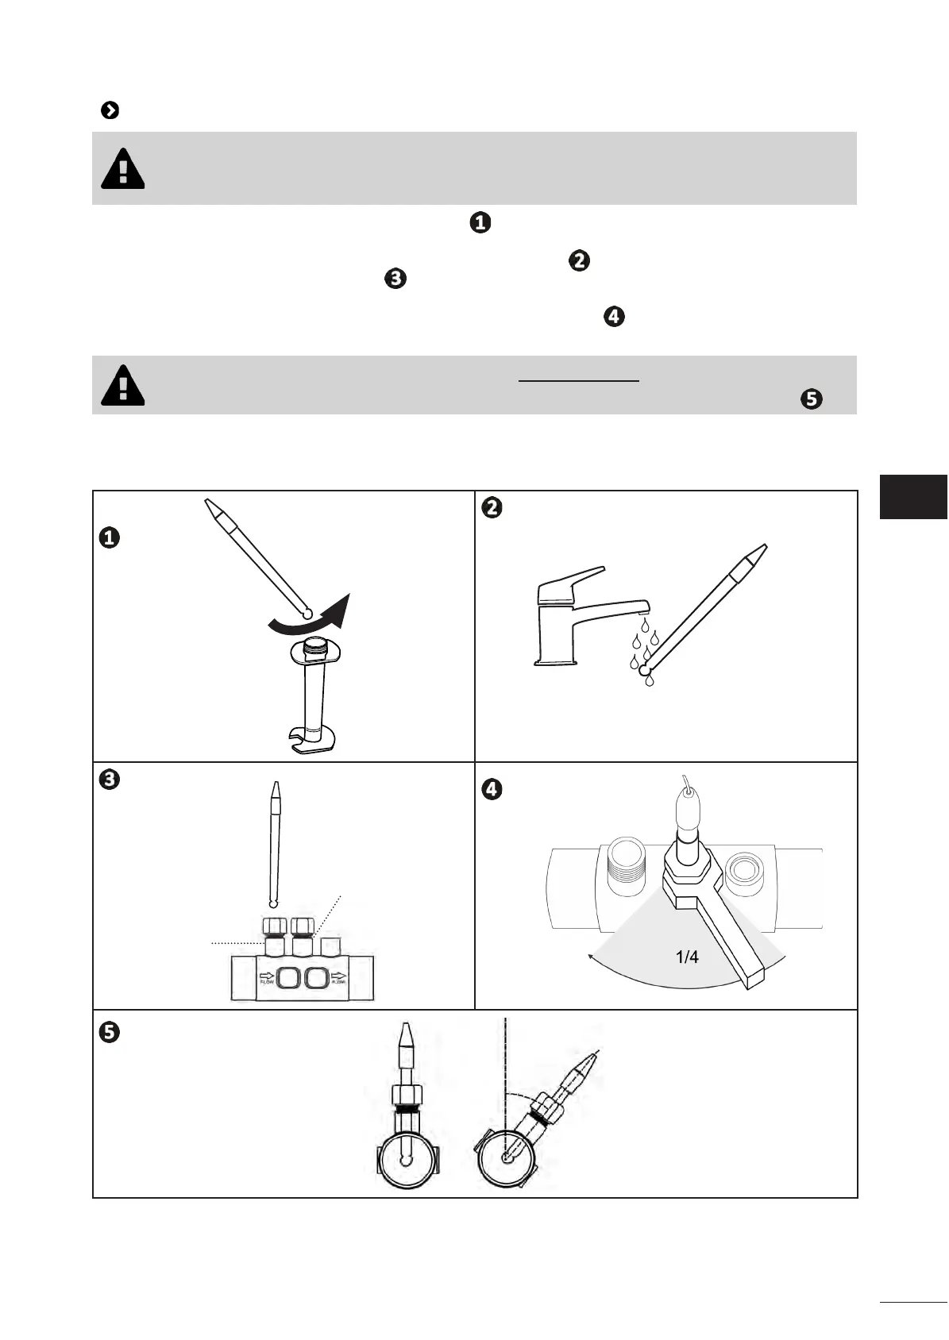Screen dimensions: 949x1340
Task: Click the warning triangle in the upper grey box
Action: point(123,169)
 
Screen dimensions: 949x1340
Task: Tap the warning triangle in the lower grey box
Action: point(123,386)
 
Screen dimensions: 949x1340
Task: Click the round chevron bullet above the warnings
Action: point(110,110)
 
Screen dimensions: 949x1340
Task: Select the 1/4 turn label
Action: point(687,957)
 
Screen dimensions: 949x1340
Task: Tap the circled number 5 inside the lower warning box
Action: point(812,399)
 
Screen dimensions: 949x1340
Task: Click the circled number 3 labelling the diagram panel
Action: point(109,780)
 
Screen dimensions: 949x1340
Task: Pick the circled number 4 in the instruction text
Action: point(614,317)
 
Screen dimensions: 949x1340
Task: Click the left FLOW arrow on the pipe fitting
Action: point(265,976)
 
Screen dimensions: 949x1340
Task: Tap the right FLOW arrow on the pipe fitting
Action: point(340,976)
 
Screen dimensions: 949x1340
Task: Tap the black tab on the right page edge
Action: point(913,496)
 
